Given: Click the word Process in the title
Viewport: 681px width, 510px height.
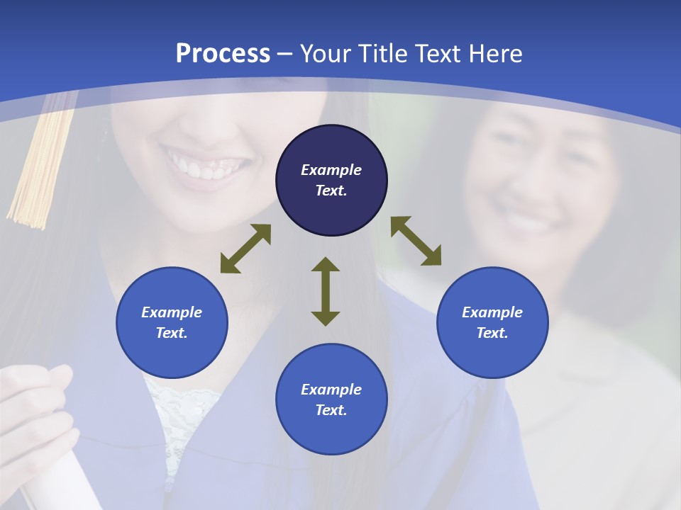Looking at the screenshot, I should click(x=223, y=54).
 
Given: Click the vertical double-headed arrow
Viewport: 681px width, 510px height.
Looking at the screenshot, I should click(x=326, y=291).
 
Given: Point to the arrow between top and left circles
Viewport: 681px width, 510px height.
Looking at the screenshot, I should click(x=245, y=249).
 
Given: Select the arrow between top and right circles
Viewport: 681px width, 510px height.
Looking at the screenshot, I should click(x=416, y=241).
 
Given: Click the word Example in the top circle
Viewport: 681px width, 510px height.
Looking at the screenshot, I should click(x=331, y=170).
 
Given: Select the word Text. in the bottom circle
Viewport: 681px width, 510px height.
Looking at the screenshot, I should click(x=331, y=410).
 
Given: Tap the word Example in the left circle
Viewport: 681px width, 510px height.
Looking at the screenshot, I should click(x=172, y=312).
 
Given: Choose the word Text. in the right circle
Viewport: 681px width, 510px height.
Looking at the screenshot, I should click(x=492, y=333).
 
